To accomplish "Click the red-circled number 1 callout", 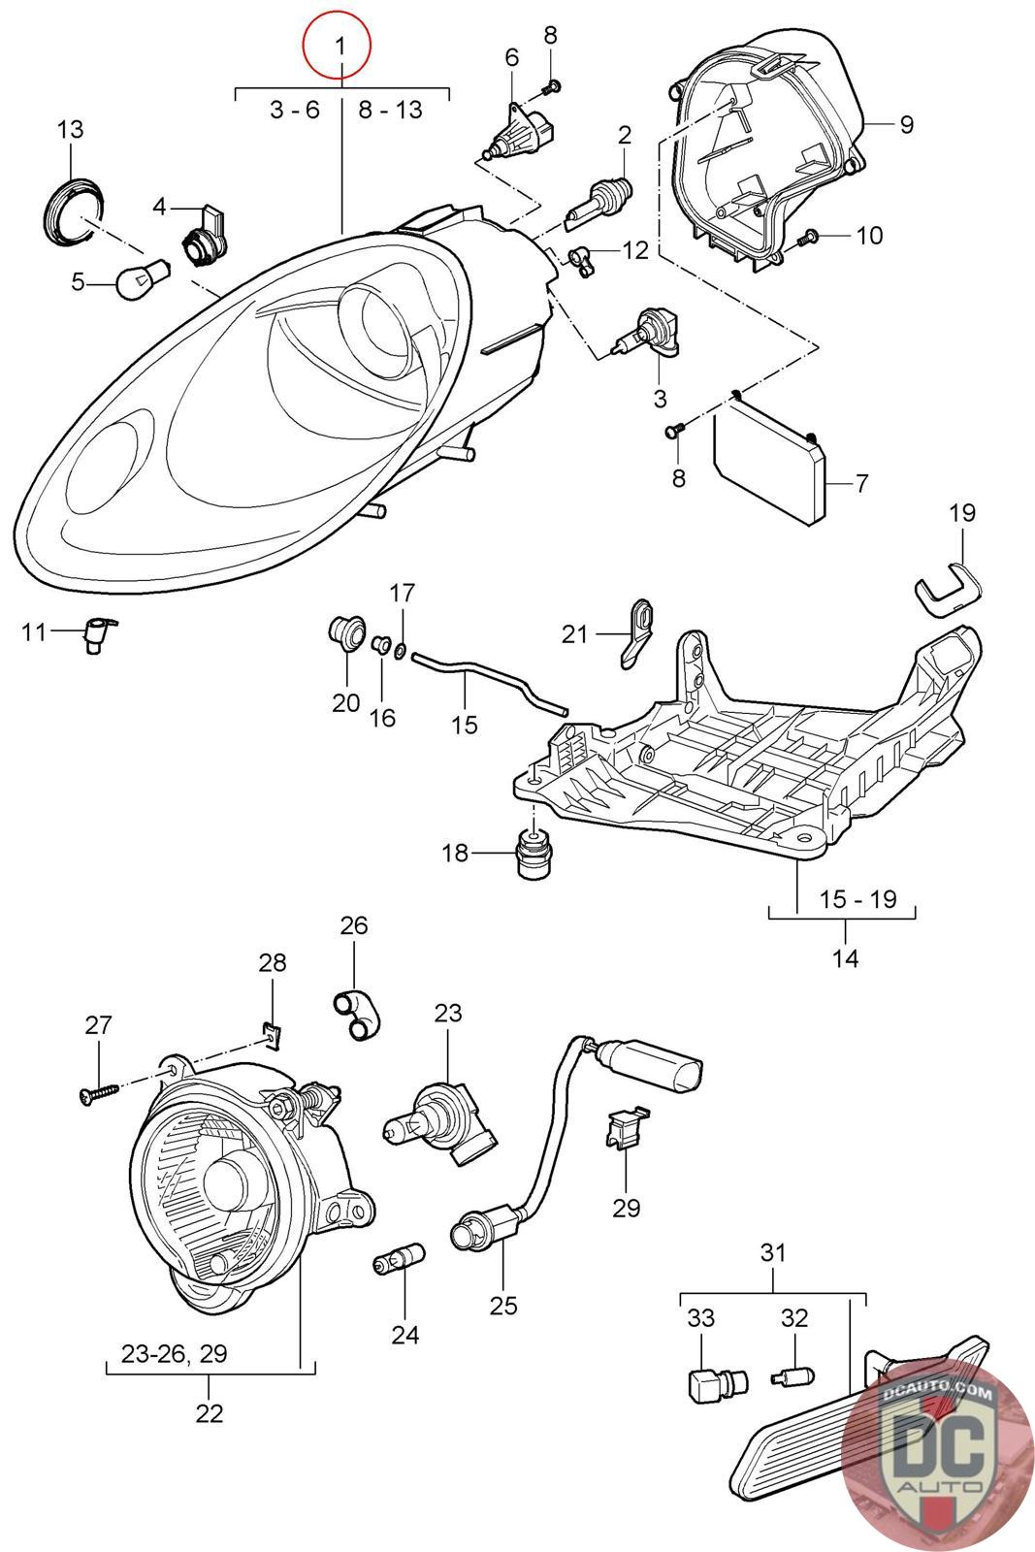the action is pos(337,45).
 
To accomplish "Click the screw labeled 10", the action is pos(806,238).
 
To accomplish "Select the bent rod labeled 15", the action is pos(490,683).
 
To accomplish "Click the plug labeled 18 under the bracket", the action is pos(534,853).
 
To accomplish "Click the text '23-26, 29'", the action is pos(175,1353).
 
